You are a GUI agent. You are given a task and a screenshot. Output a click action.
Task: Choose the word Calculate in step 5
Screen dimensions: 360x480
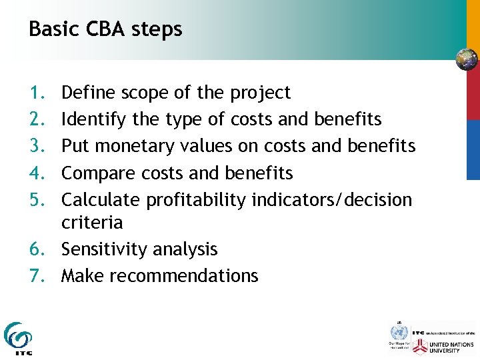(101, 200)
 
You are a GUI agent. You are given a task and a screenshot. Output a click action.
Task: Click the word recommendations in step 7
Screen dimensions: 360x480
(183, 276)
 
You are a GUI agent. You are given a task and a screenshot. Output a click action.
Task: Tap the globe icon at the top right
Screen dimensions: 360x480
(467, 60)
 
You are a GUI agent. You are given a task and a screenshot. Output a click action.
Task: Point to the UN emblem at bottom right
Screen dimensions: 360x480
(399, 333)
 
